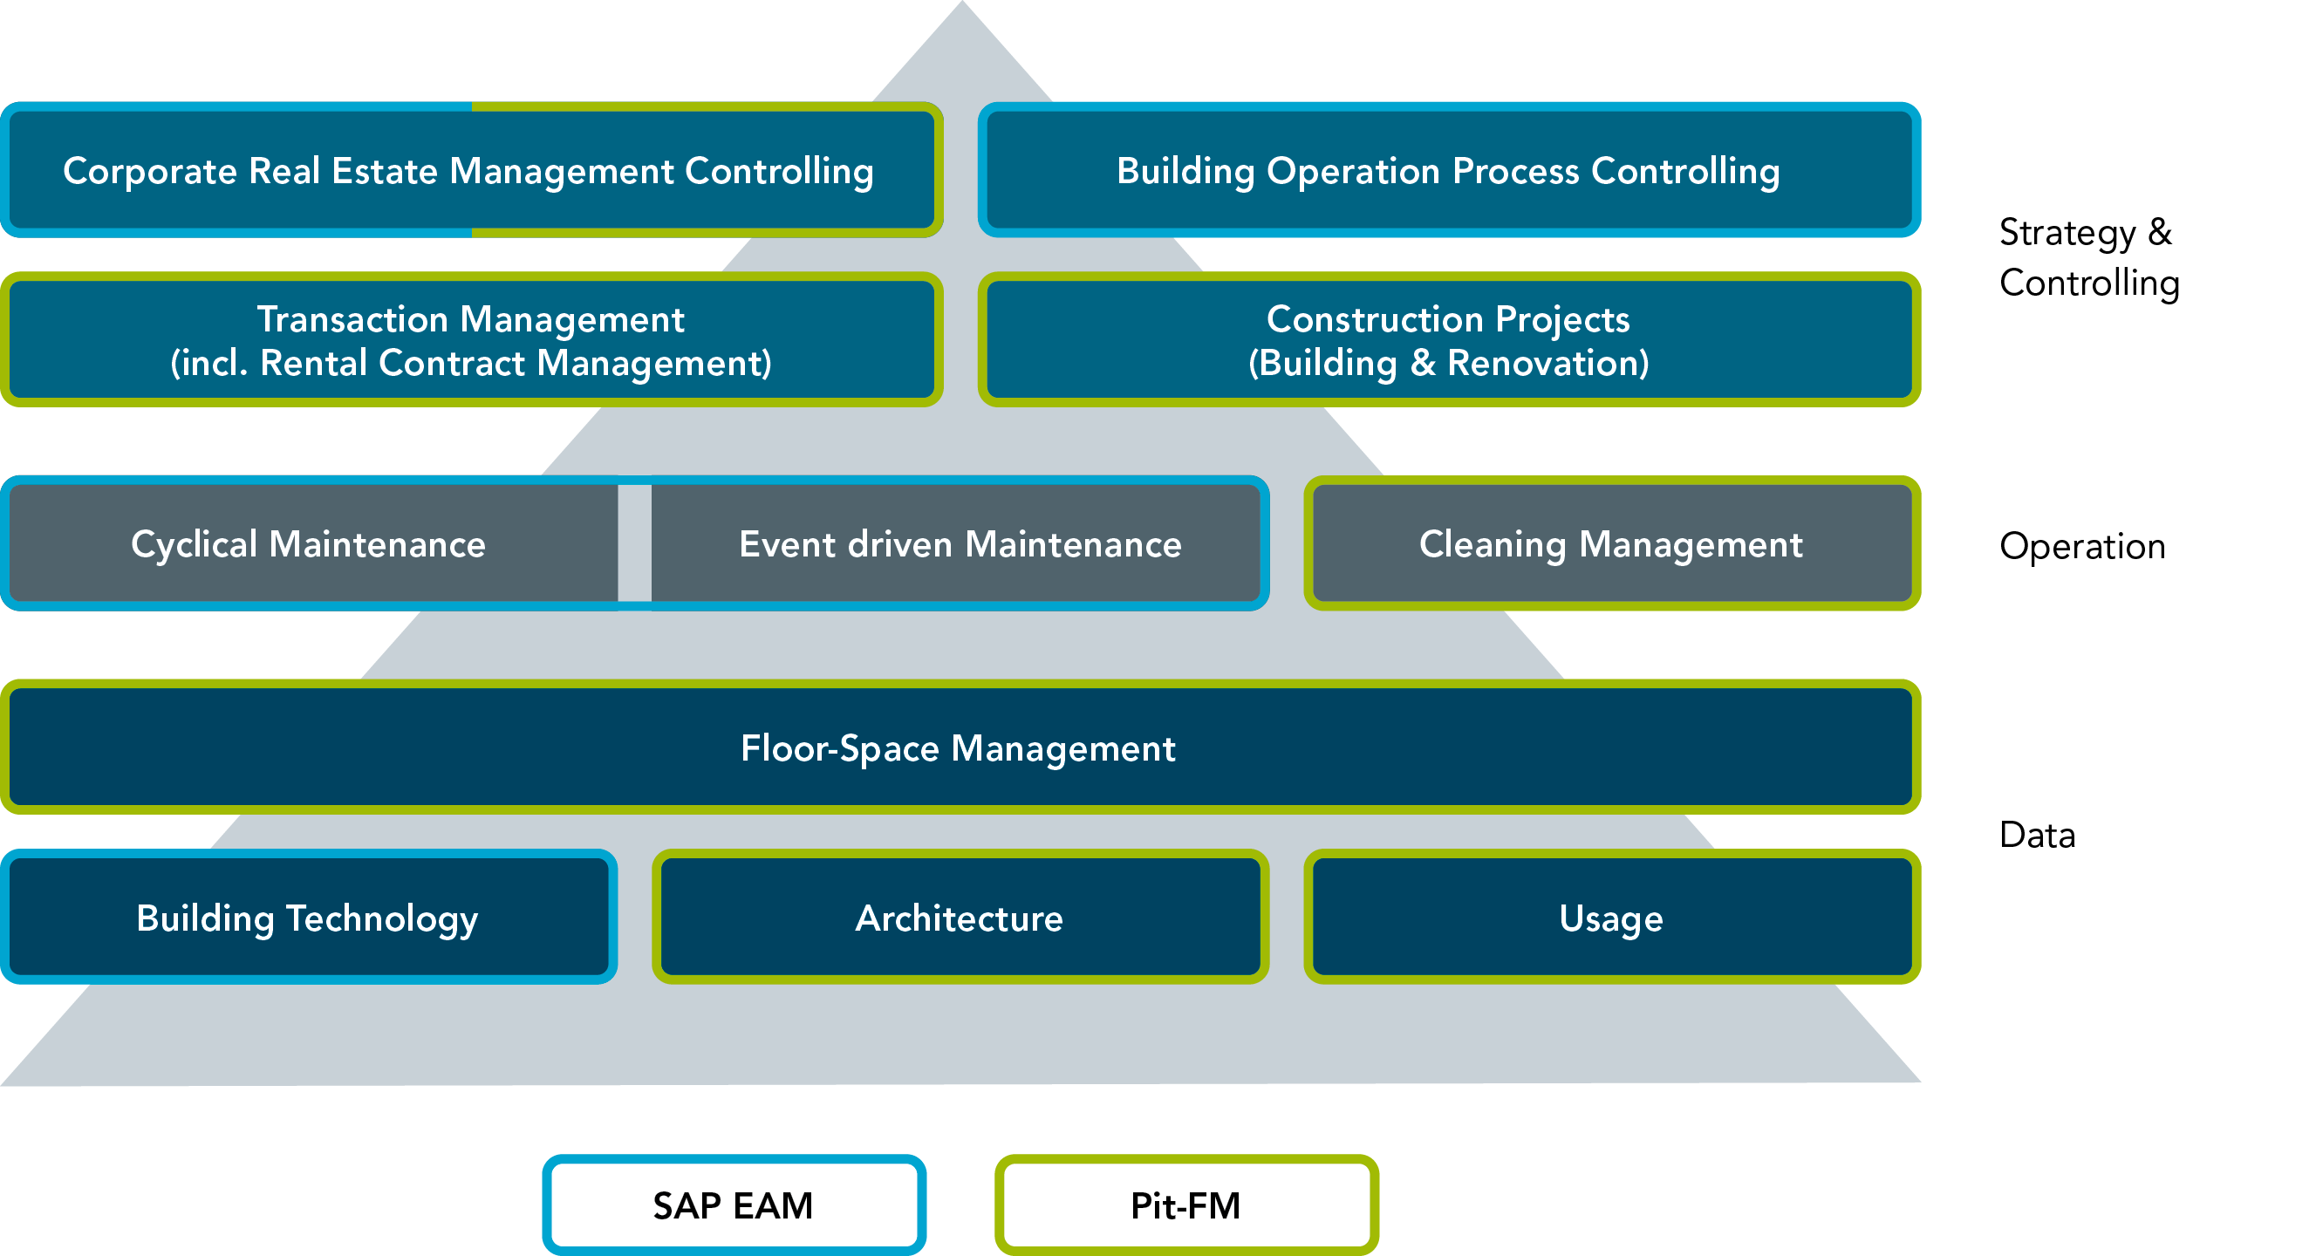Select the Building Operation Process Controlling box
(1448, 170)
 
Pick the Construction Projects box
(1448, 340)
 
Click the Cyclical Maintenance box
(309, 544)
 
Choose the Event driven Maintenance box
(960, 544)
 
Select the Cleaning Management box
(1611, 544)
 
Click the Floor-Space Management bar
(959, 748)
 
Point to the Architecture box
(960, 918)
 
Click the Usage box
(1611, 918)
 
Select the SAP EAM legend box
(733, 1205)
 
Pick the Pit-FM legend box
(1185, 1205)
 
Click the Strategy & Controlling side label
(2088, 257)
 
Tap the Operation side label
(2081, 546)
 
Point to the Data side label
(2036, 836)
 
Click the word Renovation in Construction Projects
(1547, 363)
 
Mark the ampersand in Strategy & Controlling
(2160, 232)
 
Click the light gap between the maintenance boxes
(635, 543)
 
